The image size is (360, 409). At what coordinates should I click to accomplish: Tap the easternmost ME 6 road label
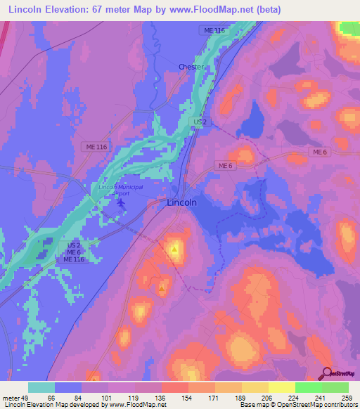[x=321, y=152]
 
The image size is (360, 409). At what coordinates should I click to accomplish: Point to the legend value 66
[x=51, y=397]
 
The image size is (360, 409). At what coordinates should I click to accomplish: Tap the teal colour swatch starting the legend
[x=41, y=387]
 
